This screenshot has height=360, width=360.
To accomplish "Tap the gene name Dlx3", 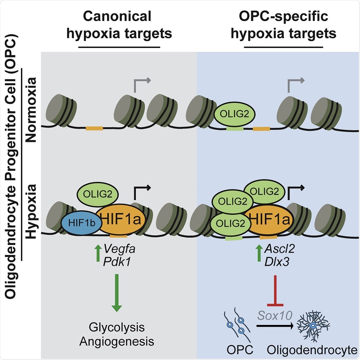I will (x=266, y=261).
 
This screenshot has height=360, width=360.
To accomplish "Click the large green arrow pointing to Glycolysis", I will (x=116, y=292).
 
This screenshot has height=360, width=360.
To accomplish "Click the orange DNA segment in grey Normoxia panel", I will (x=94, y=128).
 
